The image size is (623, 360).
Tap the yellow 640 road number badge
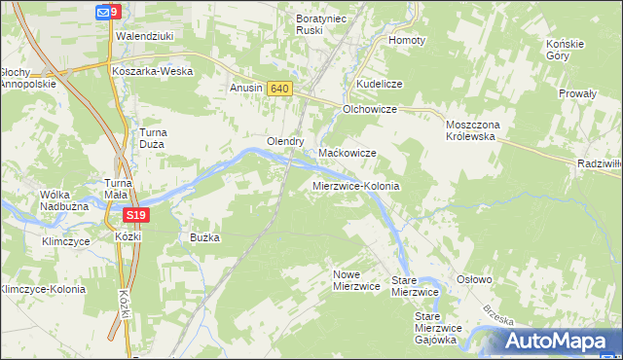(x=279, y=89)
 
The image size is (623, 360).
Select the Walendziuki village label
(x=144, y=36)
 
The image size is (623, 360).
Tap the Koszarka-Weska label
(x=152, y=71)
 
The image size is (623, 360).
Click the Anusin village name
(x=246, y=89)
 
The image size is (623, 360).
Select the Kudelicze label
(x=380, y=85)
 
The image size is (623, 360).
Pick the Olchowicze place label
(x=370, y=110)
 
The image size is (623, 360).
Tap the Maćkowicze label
(x=348, y=154)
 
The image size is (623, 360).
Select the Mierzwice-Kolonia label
(x=356, y=185)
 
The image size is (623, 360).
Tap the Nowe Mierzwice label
(x=355, y=280)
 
